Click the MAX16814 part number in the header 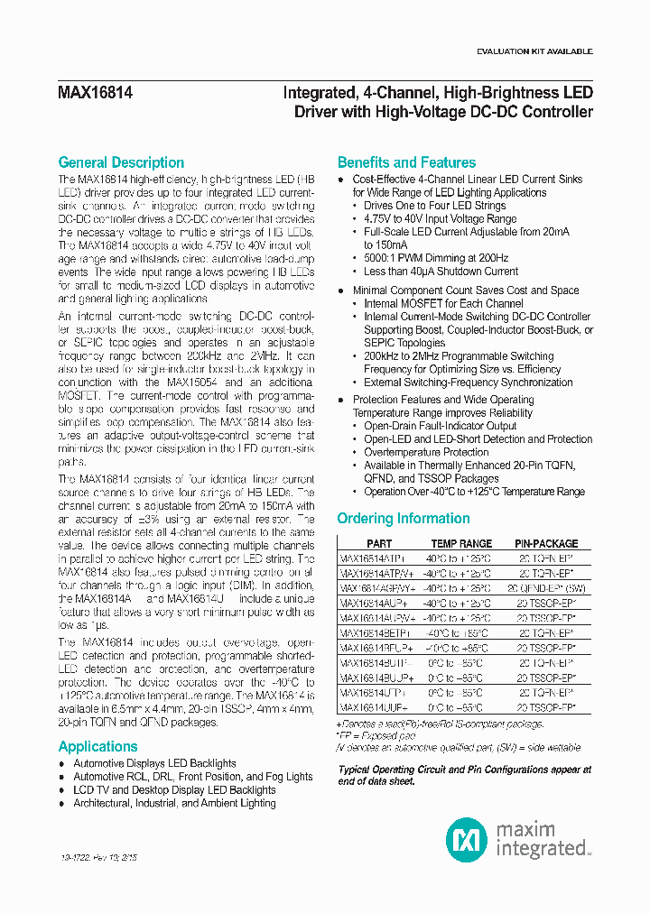pyautogui.click(x=95, y=93)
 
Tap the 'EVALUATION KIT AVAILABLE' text pyautogui.click(x=534, y=51)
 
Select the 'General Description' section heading pyautogui.click(x=121, y=162)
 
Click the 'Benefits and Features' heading pyautogui.click(x=406, y=162)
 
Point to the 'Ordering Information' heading pyautogui.click(x=403, y=519)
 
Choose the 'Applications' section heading pyautogui.click(x=97, y=746)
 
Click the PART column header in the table pyautogui.click(x=379, y=544)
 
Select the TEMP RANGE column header pyautogui.click(x=461, y=544)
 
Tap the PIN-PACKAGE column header pyautogui.click(x=546, y=544)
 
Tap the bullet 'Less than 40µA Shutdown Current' pyautogui.click(x=441, y=271)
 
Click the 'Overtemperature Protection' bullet pyautogui.click(x=426, y=452)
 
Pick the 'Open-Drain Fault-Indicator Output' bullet pyautogui.click(x=440, y=426)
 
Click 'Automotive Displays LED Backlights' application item pyautogui.click(x=154, y=763)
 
